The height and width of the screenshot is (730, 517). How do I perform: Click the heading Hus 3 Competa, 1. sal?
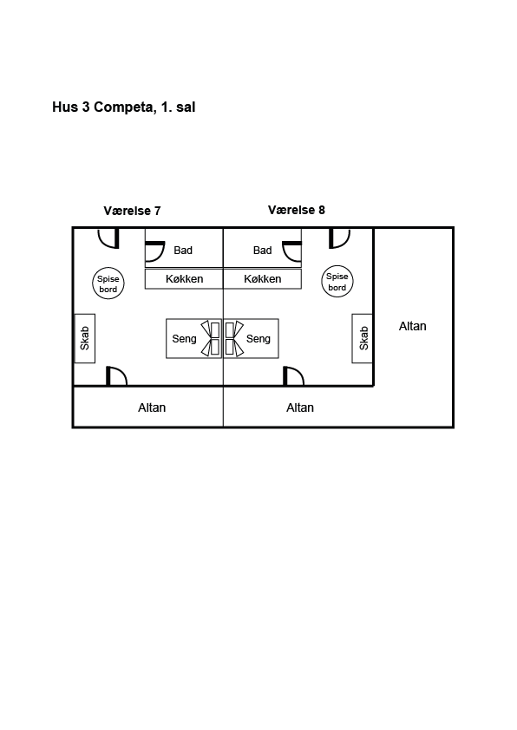click(123, 108)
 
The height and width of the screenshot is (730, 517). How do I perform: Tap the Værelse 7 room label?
click(132, 211)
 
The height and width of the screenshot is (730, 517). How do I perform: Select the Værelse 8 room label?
click(296, 210)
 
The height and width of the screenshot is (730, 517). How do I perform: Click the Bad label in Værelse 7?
click(183, 251)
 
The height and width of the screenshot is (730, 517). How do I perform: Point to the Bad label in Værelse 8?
click(262, 251)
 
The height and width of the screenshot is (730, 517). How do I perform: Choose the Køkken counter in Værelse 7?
click(184, 279)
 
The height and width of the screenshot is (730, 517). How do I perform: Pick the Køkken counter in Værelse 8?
click(262, 279)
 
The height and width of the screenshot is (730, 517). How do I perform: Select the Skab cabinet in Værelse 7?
click(85, 338)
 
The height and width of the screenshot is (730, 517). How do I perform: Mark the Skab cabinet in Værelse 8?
click(363, 338)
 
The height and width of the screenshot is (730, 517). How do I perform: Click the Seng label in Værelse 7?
click(184, 339)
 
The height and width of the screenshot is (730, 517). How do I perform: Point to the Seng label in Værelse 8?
click(258, 339)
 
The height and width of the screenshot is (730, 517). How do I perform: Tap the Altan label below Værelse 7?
click(152, 407)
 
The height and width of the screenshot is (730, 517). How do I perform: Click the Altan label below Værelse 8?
click(300, 407)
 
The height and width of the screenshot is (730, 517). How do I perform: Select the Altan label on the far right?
click(412, 326)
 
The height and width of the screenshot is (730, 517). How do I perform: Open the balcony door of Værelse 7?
click(108, 376)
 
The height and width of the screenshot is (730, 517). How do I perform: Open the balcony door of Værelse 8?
click(285, 376)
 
